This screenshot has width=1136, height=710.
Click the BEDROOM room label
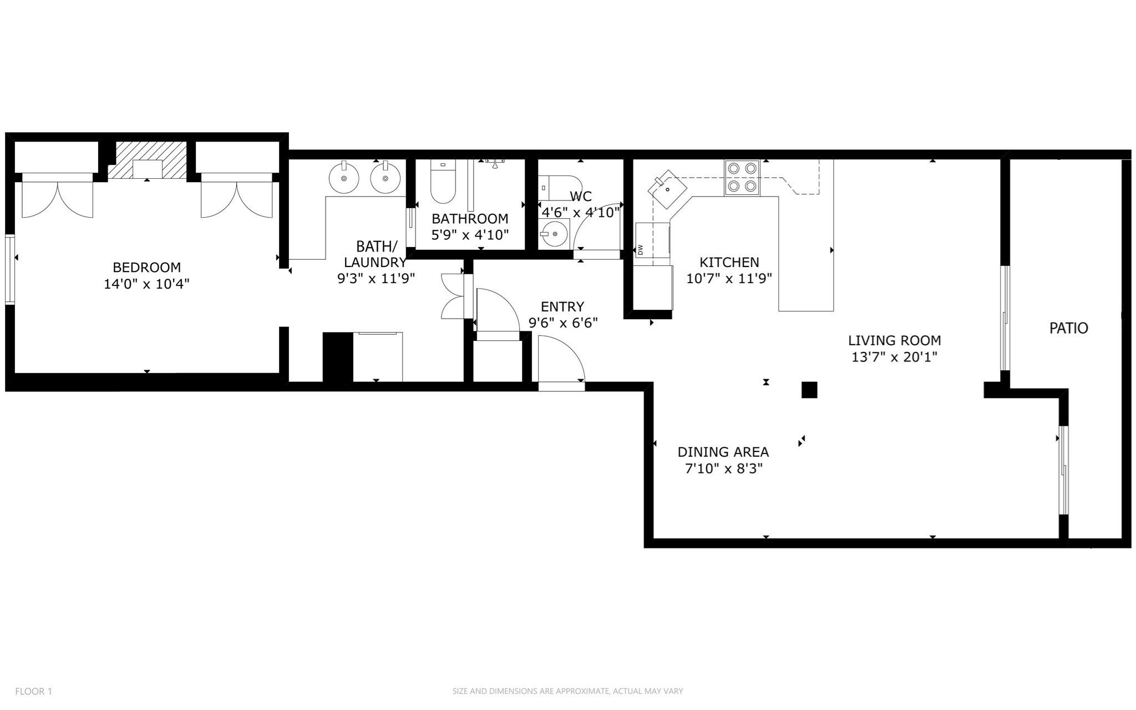click(x=146, y=267)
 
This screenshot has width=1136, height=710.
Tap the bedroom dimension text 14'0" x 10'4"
click(x=146, y=284)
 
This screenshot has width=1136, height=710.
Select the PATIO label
click(x=1068, y=328)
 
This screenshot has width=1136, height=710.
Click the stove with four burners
click(x=742, y=178)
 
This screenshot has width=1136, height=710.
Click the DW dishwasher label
click(x=640, y=250)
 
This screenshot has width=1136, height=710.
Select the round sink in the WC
click(x=554, y=233)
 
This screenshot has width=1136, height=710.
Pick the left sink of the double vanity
click(x=344, y=178)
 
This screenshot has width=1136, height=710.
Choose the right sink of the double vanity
click(x=384, y=178)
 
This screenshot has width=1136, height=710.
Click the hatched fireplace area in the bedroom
click(x=146, y=161)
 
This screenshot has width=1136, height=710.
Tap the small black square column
click(x=809, y=390)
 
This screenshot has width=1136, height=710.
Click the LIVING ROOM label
click(x=894, y=340)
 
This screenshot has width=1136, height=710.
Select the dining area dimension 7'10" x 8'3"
click(x=723, y=469)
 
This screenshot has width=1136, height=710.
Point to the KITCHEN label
click(x=729, y=262)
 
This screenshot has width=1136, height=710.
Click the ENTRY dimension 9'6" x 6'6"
click(x=562, y=323)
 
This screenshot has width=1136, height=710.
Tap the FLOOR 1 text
click(x=33, y=692)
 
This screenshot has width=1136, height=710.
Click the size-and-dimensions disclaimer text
click(x=567, y=691)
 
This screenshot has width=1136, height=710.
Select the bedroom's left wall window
click(x=9, y=270)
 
